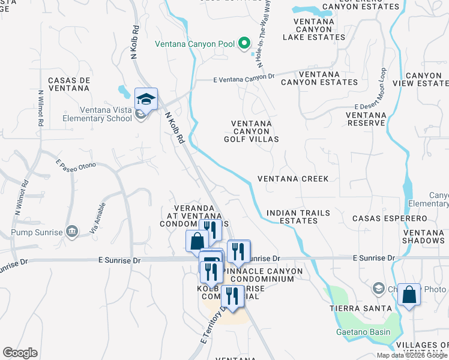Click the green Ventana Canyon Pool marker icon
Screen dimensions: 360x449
[x=244, y=43]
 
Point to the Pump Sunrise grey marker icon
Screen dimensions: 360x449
[x=72, y=232]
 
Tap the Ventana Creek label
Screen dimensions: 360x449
[x=293, y=179]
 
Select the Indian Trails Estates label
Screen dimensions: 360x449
[x=292, y=217]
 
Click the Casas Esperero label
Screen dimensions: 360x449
[x=390, y=219]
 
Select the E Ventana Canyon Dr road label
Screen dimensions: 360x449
[x=244, y=77]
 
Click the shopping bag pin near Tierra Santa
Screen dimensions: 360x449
[x=409, y=295]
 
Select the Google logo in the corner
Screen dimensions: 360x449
[x=20, y=353]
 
